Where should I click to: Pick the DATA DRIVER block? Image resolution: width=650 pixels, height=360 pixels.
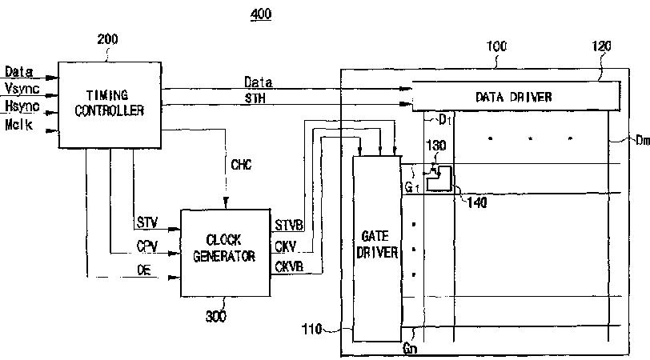pos(513,97)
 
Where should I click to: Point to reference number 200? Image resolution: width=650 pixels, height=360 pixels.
pos(107,38)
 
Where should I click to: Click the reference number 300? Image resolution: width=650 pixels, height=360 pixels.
pos(215,316)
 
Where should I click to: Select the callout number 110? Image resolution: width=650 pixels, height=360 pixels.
pos(313,329)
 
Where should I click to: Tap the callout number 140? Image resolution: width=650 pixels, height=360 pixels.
pos(475,202)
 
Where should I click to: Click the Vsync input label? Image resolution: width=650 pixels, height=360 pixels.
pos(22,89)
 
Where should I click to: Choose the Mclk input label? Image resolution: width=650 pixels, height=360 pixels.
pos(18,125)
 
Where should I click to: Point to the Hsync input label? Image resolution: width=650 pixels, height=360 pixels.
pos(22,106)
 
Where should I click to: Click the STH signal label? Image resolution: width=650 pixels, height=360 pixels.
pos(255,98)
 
